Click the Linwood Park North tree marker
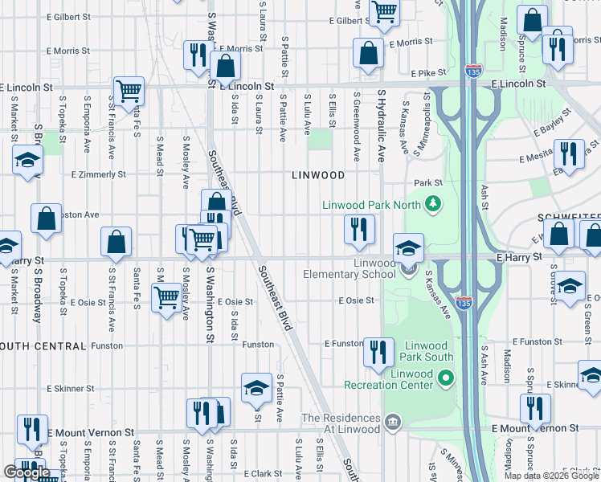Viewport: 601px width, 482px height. pos(434,204)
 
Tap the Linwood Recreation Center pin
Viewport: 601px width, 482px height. pos(447,377)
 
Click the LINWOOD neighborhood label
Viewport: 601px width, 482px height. pos(318,174)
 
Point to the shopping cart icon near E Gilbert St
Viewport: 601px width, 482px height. pos(385,12)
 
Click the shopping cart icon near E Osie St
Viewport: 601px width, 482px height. pos(167,298)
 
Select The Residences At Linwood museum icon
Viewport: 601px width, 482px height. pos(392,422)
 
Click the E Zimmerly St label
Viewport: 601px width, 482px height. pos(99,174)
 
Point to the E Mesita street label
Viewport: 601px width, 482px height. pos(538,158)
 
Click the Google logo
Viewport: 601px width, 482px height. pos(27,472)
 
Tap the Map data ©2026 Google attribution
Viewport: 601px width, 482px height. pos(550,476)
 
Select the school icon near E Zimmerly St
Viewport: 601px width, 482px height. pos(27,161)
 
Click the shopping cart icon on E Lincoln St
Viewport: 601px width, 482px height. pos(129,92)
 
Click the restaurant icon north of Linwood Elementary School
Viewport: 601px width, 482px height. pos(359,230)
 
